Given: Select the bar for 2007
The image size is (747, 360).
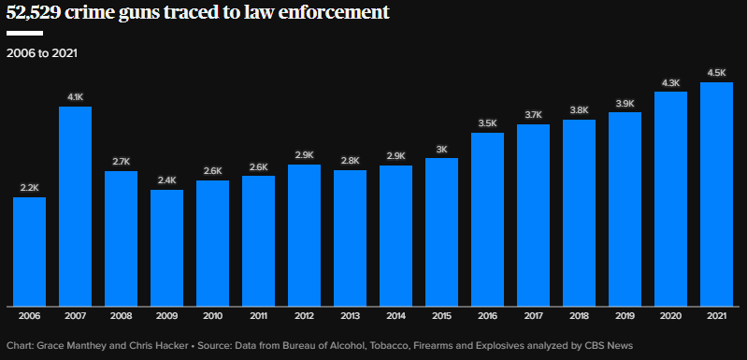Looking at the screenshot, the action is [76, 207].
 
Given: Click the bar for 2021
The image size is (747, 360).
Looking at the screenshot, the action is [716, 194].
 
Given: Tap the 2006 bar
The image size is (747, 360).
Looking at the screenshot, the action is [30, 252].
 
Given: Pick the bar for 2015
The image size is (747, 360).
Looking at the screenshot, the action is [441, 232].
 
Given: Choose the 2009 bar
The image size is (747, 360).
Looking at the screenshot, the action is [166, 248].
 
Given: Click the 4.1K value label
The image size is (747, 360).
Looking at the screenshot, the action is [76, 97].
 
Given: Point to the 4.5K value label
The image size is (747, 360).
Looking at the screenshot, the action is [716, 73].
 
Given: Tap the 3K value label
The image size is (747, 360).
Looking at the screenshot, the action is [441, 149].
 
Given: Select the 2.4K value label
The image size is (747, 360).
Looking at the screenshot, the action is [166, 180].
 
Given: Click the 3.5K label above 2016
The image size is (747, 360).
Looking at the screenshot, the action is [487, 123].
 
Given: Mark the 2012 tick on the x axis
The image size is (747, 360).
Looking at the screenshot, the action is [304, 316].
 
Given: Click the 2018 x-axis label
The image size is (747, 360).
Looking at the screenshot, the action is [579, 316].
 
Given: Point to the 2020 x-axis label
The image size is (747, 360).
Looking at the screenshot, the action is [670, 316].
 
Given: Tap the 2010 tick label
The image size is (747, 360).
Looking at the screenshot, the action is [212, 316].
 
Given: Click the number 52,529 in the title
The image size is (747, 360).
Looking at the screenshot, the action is [33, 13].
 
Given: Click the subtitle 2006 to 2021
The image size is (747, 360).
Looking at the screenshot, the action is [42, 53].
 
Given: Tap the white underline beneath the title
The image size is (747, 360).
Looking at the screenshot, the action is [24, 34].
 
